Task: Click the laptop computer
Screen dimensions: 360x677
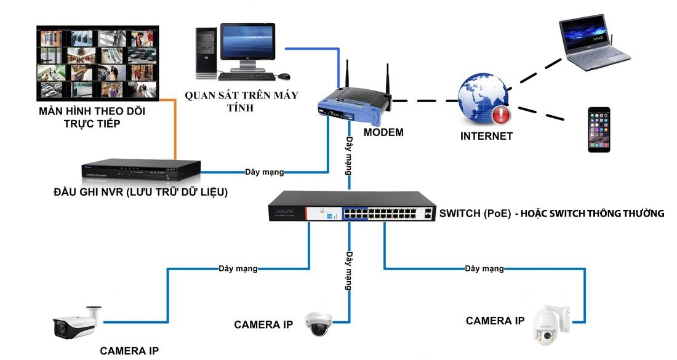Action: pyautogui.click(x=593, y=44)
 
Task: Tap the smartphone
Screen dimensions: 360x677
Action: pyautogui.click(x=598, y=129)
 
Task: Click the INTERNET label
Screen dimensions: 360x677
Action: pyautogui.click(x=486, y=136)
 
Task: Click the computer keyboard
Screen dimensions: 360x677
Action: pyautogui.click(x=246, y=77)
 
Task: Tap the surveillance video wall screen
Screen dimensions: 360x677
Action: pyautogui.click(x=97, y=62)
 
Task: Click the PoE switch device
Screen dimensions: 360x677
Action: pyautogui.click(x=351, y=207)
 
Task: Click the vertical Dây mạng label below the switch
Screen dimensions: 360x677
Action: pyautogui.click(x=348, y=270)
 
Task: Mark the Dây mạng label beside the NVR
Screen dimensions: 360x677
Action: pyautogui.click(x=265, y=172)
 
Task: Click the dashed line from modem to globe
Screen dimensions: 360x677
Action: pyautogui.click(x=425, y=100)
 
